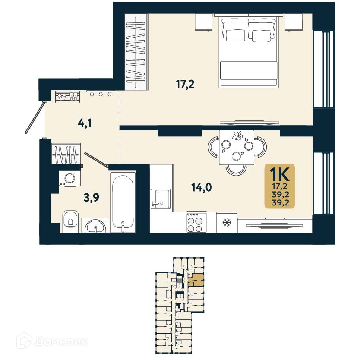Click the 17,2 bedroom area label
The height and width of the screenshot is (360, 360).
[x=185, y=84]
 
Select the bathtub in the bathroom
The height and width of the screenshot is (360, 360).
[x=123, y=203]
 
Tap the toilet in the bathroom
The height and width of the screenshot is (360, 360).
[x=70, y=220]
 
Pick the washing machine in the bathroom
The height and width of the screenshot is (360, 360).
[x=69, y=177]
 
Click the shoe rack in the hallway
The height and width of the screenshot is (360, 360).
[x=68, y=96]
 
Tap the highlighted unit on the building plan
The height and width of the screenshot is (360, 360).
[x=197, y=280]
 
